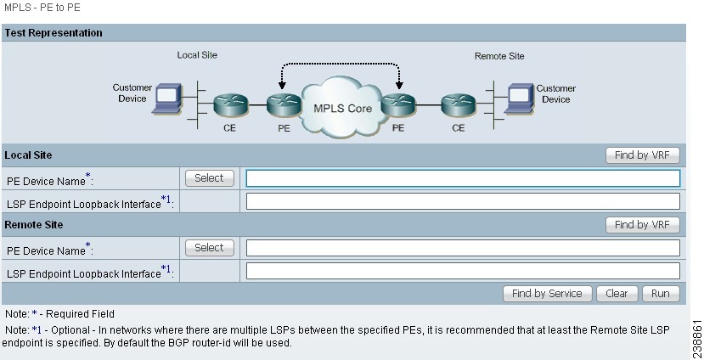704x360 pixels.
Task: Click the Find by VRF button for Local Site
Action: [642, 155]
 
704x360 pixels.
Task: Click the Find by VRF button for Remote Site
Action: [642, 225]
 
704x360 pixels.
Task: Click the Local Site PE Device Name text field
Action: [463, 178]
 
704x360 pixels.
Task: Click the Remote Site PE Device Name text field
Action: [463, 248]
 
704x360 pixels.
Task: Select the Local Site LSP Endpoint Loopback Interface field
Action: [463, 201]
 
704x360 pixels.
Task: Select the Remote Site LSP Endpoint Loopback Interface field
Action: [463, 271]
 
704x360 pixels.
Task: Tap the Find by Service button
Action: [547, 294]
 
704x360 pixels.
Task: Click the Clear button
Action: [617, 294]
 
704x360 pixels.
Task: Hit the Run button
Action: [661, 294]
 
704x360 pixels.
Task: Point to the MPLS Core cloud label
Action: [343, 109]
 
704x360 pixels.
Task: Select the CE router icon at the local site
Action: [229, 106]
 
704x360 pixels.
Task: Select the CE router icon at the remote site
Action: [458, 106]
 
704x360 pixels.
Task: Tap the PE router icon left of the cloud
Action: [284, 106]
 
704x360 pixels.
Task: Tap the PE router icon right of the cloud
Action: [397, 106]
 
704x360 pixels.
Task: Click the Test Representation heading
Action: [54, 33]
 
